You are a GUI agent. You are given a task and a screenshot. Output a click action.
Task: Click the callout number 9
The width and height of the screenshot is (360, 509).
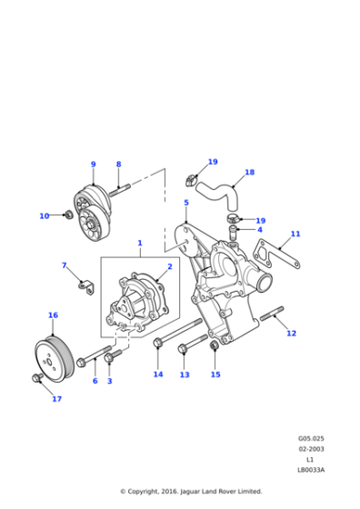pyautogui.click(x=93, y=165)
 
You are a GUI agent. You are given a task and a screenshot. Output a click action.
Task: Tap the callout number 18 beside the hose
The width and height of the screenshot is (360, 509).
pyautogui.click(x=249, y=172)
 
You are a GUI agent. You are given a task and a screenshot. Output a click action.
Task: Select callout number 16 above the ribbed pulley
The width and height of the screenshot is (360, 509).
pyautogui.click(x=53, y=315)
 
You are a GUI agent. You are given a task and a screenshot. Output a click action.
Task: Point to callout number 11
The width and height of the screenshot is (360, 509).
pyautogui.click(x=295, y=234)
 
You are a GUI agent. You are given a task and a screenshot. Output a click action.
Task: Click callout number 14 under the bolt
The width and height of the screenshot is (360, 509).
pyautogui.click(x=158, y=374)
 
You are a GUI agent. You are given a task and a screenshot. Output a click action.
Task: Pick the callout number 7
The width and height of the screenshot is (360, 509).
pyautogui.click(x=65, y=265)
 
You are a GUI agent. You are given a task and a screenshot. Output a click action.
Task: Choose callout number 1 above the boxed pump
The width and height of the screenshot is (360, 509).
pyautogui.click(x=140, y=243)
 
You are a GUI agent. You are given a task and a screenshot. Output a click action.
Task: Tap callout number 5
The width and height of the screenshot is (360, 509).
pyautogui.click(x=185, y=203)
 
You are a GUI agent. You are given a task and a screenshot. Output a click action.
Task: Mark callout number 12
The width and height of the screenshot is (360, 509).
pyautogui.click(x=291, y=334)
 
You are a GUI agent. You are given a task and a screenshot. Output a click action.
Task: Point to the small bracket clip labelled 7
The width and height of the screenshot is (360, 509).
pyautogui.click(x=87, y=288)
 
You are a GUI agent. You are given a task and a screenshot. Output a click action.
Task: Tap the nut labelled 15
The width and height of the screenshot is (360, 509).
pyautogui.click(x=214, y=348)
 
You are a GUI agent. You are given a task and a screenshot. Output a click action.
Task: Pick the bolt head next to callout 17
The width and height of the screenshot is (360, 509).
pyautogui.click(x=36, y=376)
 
